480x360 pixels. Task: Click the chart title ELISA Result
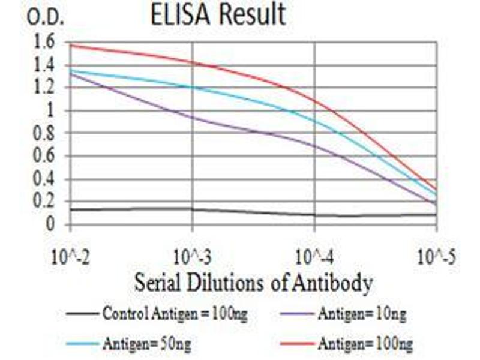coord(217,15)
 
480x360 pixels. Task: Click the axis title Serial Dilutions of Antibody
coord(253,281)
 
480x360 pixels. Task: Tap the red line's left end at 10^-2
coord(71,45)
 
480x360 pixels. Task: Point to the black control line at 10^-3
coord(192,209)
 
